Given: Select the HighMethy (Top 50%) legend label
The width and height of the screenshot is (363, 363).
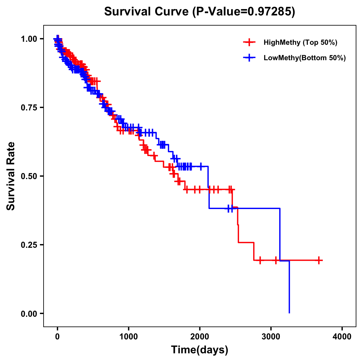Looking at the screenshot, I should [x=300, y=42].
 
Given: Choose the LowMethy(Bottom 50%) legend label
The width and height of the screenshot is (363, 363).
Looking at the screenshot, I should [x=305, y=58].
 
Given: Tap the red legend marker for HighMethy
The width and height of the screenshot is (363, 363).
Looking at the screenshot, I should [x=249, y=42].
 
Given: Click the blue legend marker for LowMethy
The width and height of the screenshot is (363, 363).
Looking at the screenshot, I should [x=249, y=58].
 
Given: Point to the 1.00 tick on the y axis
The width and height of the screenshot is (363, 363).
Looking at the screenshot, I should [x=29, y=39].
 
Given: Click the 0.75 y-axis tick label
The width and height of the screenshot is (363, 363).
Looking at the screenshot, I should [x=29, y=107].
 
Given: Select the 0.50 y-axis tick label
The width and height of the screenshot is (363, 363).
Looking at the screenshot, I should [x=29, y=176].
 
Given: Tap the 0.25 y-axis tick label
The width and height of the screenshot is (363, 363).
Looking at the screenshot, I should [x=29, y=245].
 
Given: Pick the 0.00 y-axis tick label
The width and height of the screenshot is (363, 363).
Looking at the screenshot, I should [x=29, y=313].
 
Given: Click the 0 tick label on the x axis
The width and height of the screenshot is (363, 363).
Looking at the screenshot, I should [x=57, y=336].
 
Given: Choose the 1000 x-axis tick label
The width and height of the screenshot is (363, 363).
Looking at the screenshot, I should [x=129, y=336].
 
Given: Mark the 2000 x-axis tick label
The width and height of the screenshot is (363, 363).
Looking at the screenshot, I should [x=200, y=336].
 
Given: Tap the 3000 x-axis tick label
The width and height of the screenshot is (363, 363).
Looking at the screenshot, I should [x=271, y=336].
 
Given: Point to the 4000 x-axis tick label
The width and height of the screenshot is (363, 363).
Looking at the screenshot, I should [x=342, y=336].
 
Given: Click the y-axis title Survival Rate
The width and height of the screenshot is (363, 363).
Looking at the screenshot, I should [x=11, y=176].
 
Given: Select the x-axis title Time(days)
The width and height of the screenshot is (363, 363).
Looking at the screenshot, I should [x=200, y=350].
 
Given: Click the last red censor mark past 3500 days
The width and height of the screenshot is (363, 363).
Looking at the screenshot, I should [x=319, y=260].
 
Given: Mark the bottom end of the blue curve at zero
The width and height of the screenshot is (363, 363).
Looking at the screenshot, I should [x=289, y=312].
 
